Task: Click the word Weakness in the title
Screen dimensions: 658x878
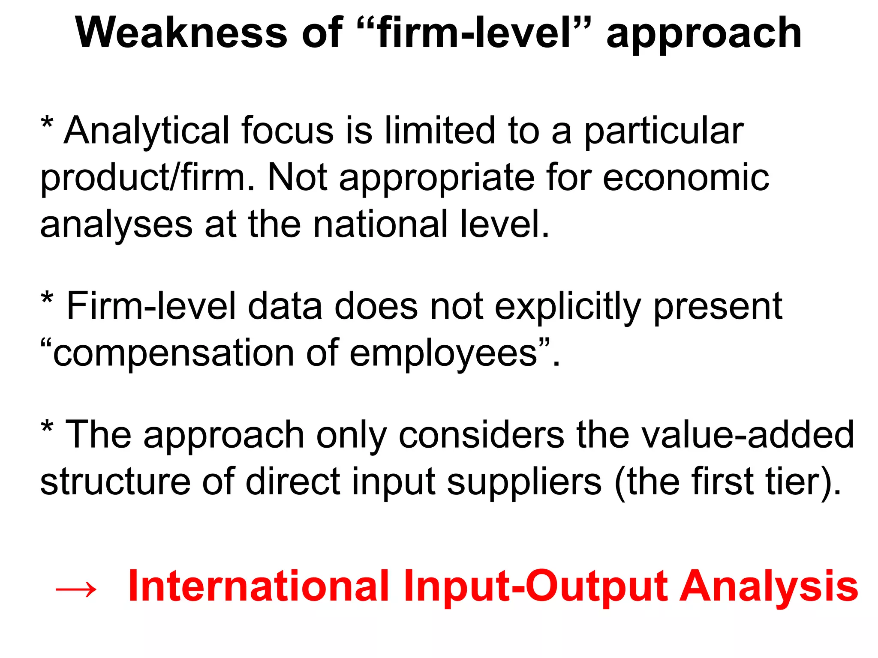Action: point(181,33)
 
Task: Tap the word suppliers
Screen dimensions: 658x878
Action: point(524,482)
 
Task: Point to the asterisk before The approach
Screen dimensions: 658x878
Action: point(47,427)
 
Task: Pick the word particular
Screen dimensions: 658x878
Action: point(664,131)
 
